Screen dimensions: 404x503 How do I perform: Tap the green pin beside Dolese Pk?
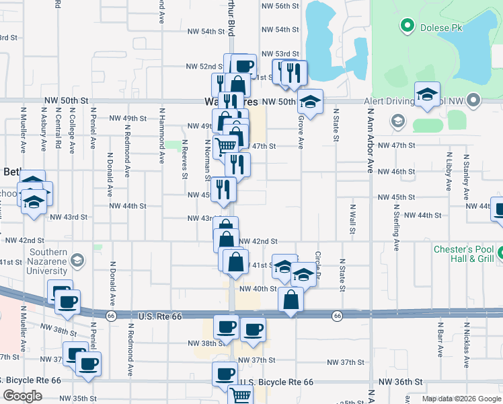[x=406, y=27]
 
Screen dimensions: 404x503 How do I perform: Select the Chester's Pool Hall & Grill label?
[x=463, y=254]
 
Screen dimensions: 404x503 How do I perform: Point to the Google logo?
[x=22, y=396]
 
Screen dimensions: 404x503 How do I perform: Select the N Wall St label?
[x=352, y=219]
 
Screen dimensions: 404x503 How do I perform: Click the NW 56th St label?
[x=280, y=6]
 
